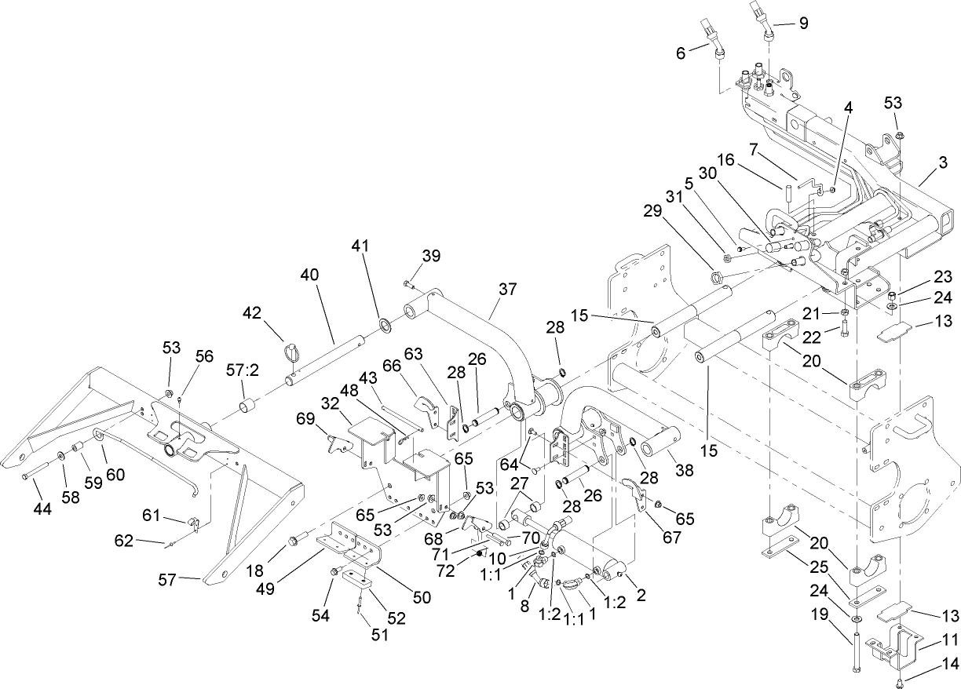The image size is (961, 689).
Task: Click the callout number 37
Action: click(x=507, y=289)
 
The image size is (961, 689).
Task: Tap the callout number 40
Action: click(x=309, y=275)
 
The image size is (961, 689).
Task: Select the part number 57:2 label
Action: click(x=242, y=367)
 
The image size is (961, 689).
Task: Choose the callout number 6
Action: click(x=680, y=52)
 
